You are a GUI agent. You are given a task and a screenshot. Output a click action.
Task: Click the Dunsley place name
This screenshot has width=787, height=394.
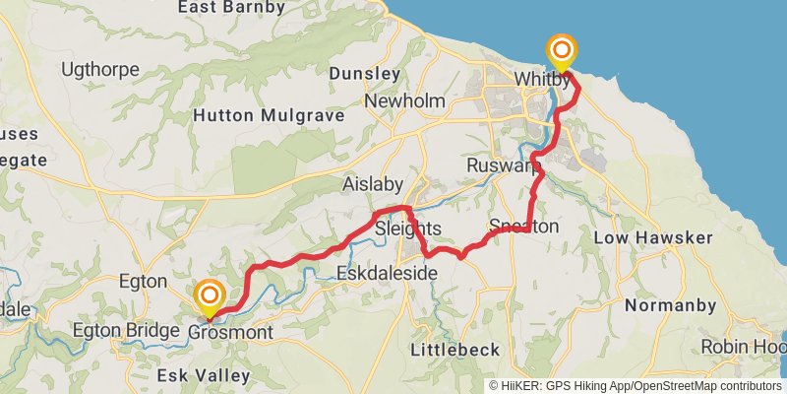pyautogui.click(x=364, y=74)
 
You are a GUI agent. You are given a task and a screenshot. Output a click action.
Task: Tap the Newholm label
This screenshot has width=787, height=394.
pyautogui.click(x=405, y=101)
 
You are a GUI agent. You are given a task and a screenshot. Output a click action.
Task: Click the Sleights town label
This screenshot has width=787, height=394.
pyautogui.click(x=408, y=230)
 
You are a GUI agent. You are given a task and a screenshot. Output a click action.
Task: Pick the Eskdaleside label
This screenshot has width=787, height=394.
pyautogui.click(x=386, y=273)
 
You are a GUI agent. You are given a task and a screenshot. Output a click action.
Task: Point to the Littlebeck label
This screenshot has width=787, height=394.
pyautogui.click(x=454, y=350)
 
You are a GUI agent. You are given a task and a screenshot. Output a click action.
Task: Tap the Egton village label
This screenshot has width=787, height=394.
pyautogui.click(x=143, y=282)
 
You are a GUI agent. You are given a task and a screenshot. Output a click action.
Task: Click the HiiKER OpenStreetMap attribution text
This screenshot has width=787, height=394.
pyautogui.click(x=636, y=385)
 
